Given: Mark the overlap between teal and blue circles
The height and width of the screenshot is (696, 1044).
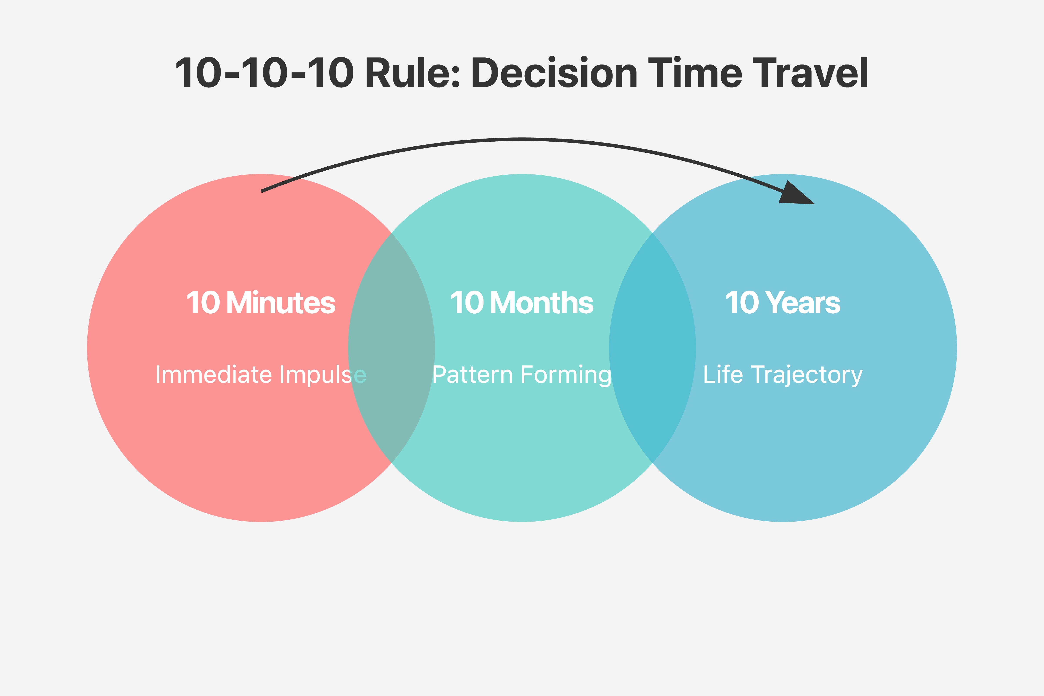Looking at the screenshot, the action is [x=652, y=348].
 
